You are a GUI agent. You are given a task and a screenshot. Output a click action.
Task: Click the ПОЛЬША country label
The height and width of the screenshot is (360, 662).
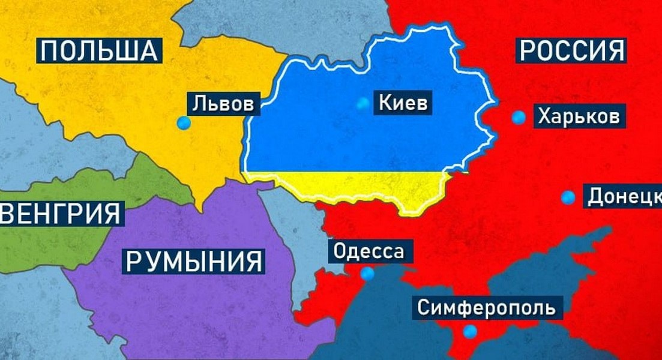tap(100, 50)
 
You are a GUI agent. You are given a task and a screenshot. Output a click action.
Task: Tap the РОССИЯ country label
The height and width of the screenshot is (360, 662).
tap(571, 50)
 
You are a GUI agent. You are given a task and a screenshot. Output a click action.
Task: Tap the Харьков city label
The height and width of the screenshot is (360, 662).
tap(578, 116)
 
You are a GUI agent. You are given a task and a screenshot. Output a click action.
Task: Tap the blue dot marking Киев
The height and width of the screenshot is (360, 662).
tap(362, 103)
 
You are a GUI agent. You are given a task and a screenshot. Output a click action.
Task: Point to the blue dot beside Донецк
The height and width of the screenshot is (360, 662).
tap(567, 197)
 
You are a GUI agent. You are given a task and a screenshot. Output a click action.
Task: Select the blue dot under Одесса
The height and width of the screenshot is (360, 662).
tap(367, 274)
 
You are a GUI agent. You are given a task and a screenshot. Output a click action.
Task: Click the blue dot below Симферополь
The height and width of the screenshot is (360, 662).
tap(470, 331)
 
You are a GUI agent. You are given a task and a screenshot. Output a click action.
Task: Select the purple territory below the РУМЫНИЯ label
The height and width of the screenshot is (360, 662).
tap(198, 312)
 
